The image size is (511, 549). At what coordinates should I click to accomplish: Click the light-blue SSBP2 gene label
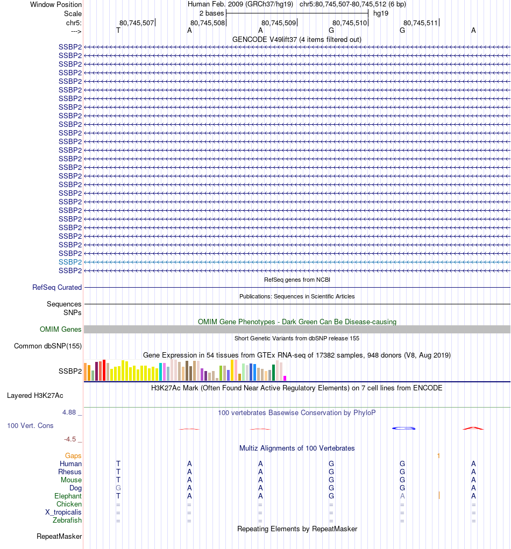[x=70, y=262]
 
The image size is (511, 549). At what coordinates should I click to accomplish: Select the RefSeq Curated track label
[x=57, y=288]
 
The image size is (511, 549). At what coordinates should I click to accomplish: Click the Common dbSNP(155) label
[x=48, y=346]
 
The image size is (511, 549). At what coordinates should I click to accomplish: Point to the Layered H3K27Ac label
[x=35, y=396]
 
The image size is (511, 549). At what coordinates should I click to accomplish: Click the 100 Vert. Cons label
[x=30, y=426]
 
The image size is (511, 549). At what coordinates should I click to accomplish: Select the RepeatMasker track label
[x=59, y=537]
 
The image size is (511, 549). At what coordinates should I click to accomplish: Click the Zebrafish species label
[x=67, y=521]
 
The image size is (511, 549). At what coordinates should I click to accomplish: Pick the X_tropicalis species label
[x=63, y=512]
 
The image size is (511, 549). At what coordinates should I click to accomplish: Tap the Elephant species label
[x=68, y=496]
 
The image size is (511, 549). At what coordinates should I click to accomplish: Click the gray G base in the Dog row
[x=118, y=488]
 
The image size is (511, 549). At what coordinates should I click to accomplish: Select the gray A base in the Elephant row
[x=402, y=496]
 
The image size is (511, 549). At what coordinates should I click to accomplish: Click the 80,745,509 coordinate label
[x=279, y=23]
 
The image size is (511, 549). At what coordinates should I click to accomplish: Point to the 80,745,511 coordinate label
[x=421, y=23]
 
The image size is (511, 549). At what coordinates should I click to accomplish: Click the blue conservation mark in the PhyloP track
[x=404, y=428]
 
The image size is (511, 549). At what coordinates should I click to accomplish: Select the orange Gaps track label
[x=73, y=456]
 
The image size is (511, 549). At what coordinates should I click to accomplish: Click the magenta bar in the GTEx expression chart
[x=285, y=378]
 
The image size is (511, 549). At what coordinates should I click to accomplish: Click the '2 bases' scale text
[x=211, y=13]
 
